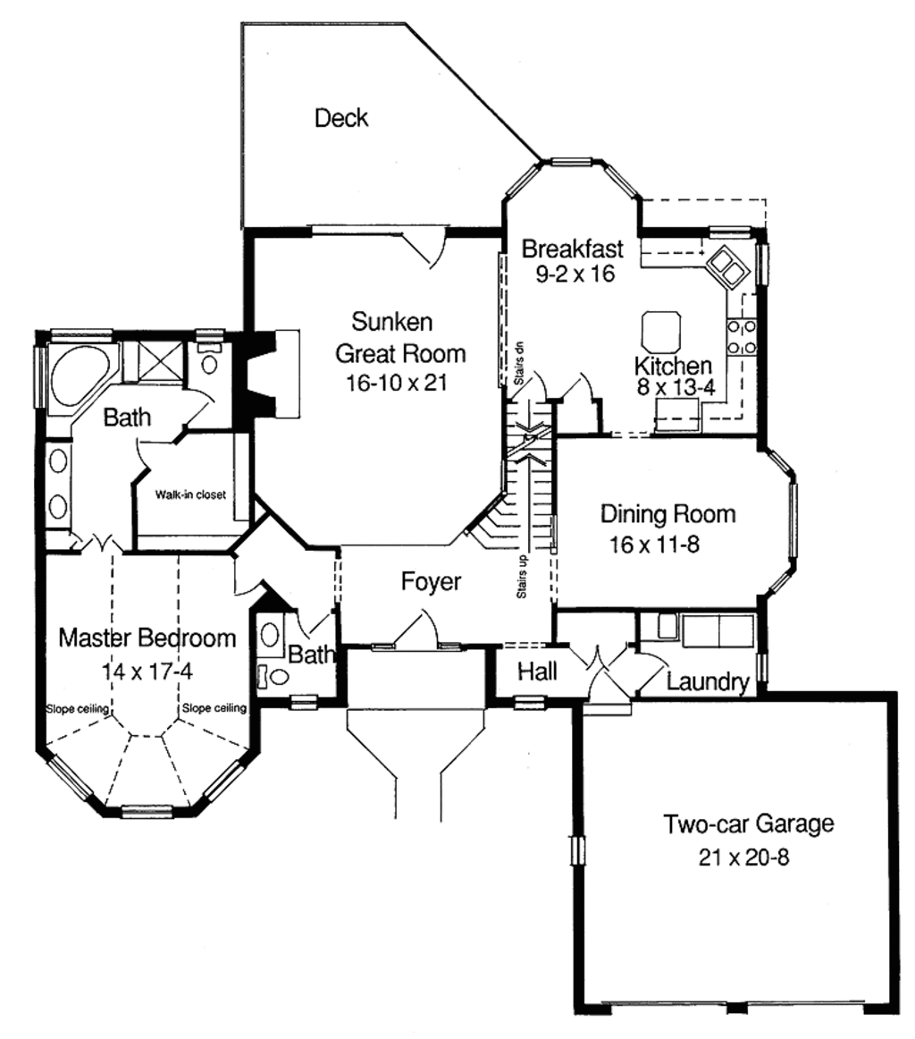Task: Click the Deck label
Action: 341,118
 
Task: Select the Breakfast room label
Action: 573,248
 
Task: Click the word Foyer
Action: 431,582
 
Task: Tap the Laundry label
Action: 707,683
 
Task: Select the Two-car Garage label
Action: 748,824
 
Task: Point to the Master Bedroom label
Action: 147,638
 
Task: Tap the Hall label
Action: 537,671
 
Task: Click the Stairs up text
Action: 521,577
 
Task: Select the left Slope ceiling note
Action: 78,709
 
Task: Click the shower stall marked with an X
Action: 162,363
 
